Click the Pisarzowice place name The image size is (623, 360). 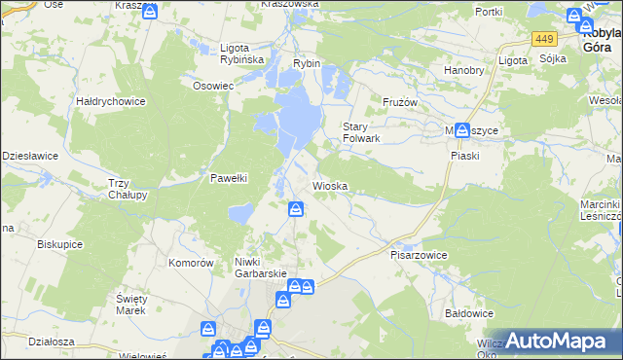pyautogui.click(x=419, y=254)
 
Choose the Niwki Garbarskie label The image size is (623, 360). pyautogui.click(x=259, y=268)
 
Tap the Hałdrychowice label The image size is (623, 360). pyautogui.click(x=111, y=101)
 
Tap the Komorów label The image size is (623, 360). pyautogui.click(x=191, y=263)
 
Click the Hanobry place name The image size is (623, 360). pyautogui.click(x=463, y=70)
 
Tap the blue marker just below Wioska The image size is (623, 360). pyautogui.click(x=296, y=208)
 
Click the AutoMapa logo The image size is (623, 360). pyautogui.click(x=555, y=341)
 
